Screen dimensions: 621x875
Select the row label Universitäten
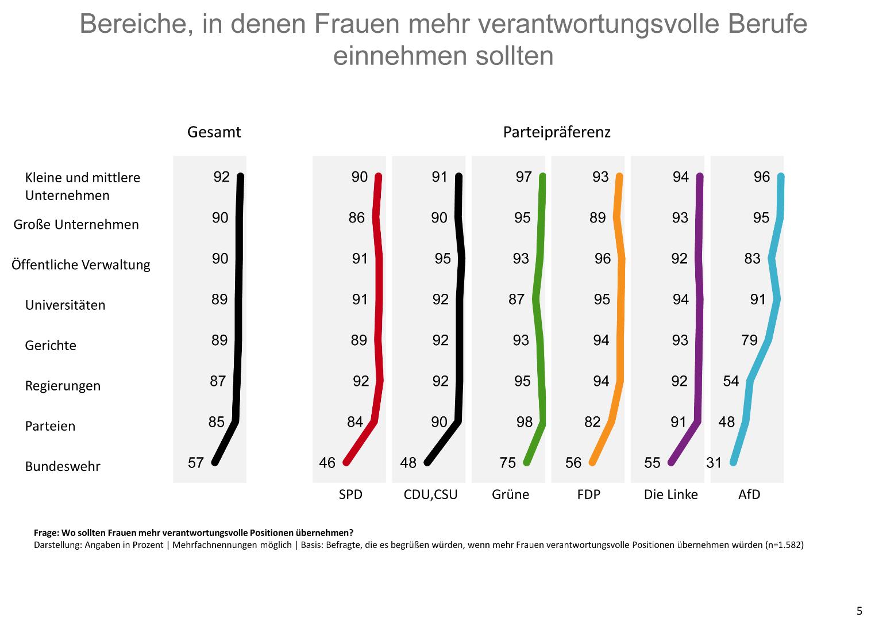(x=65, y=305)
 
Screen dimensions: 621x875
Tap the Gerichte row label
(x=51, y=346)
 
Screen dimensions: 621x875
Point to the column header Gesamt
(x=214, y=132)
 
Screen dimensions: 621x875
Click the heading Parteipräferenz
(x=556, y=132)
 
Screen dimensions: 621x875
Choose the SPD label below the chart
(x=350, y=494)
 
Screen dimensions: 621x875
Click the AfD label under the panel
(x=749, y=494)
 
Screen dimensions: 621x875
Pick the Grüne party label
(x=510, y=494)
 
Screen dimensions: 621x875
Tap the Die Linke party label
(x=670, y=494)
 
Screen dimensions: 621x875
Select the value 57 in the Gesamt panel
(x=196, y=463)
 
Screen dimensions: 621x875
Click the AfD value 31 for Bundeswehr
(x=714, y=463)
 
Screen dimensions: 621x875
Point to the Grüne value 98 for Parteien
(x=525, y=422)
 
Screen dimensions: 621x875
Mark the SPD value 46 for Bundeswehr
(x=327, y=463)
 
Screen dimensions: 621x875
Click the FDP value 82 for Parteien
(x=592, y=422)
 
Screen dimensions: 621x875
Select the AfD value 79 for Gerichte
(x=750, y=340)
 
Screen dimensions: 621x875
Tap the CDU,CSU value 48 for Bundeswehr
(x=408, y=463)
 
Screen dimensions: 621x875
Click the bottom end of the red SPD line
(x=346, y=462)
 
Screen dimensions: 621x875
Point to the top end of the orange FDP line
(x=619, y=177)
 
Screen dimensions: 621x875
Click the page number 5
(x=859, y=611)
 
